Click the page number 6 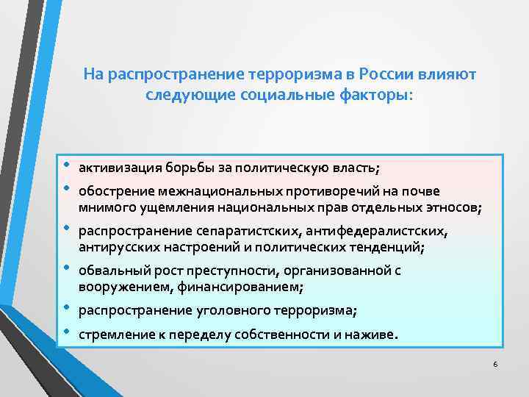tap(495, 365)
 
